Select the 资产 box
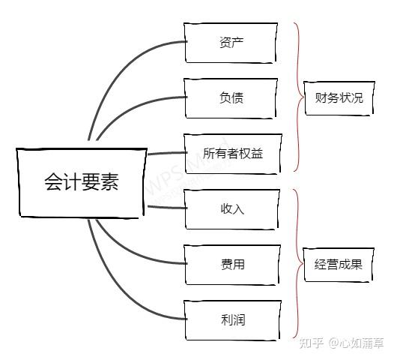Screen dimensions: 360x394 pos(232,42)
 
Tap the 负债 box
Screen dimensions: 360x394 pos(232,97)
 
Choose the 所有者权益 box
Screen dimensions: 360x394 pos(233,153)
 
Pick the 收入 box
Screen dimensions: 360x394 pos(233,208)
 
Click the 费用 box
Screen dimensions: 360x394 pos(233,264)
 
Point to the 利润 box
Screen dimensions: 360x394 pos(233,320)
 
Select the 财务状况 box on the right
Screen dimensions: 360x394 pos(339,97)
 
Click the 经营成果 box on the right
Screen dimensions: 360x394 pos(339,264)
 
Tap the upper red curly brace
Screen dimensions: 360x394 pos(297,97)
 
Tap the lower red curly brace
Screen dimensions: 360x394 pos(297,264)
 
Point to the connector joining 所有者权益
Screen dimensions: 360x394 pos(165,153)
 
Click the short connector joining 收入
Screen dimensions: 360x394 pos(165,208)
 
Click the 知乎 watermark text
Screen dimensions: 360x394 pos(311,343)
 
